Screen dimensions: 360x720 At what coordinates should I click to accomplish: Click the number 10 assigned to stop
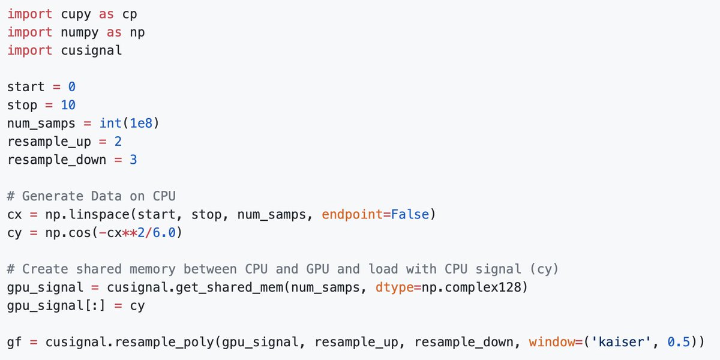tap(68, 105)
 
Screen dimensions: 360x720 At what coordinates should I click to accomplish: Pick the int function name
tap(110, 124)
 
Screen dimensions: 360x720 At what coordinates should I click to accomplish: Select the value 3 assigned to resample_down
tap(133, 160)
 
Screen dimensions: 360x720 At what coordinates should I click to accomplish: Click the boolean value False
tap(410, 215)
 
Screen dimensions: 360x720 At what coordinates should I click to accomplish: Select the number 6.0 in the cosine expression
tap(164, 233)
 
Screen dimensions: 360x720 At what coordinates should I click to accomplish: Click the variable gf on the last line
tap(15, 343)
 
